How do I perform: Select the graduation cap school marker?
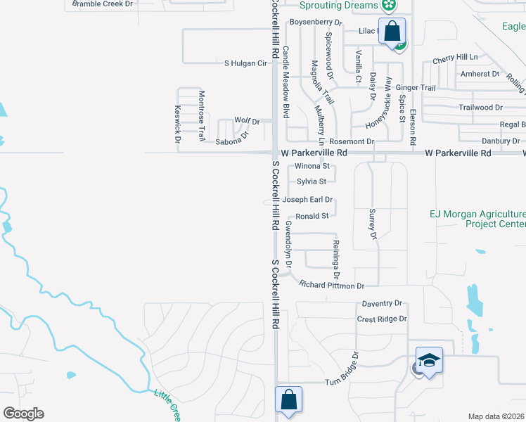coord(429,360)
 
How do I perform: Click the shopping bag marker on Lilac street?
coord(392,32)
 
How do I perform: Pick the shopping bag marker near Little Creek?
coord(289,399)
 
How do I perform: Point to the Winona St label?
coord(312,167)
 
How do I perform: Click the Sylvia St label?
coord(312,181)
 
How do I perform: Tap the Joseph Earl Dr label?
coord(307,200)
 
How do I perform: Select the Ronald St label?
coord(312,216)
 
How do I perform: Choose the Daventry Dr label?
coord(382,303)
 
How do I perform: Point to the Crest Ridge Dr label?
coord(382,319)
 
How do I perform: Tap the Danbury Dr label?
coord(501,141)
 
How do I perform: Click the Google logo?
coord(23,414)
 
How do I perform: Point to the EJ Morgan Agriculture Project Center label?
coord(477,219)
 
